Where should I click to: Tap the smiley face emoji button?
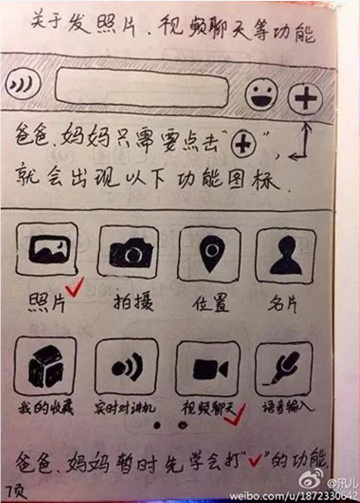point(261,94)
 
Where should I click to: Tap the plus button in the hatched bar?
point(305,99)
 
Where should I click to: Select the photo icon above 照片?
point(47,249)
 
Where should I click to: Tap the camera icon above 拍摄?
point(129,252)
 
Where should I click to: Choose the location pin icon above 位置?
point(209,254)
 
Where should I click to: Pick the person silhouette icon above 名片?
point(285,256)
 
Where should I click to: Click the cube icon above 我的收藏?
point(45,366)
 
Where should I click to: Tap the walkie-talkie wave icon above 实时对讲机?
point(127,366)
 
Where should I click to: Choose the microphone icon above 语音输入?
point(284,369)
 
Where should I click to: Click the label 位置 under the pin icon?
point(211,303)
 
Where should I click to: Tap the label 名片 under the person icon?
point(282,304)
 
